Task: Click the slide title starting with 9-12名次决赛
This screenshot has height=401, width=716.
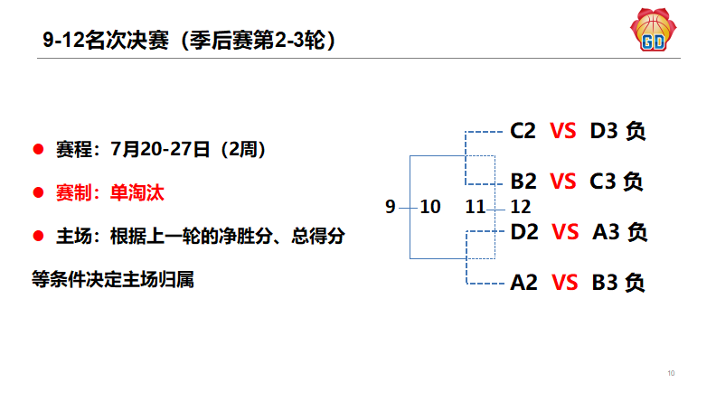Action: (x=190, y=41)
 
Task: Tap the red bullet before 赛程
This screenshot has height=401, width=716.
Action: (x=38, y=148)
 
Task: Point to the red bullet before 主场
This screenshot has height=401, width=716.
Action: (x=38, y=237)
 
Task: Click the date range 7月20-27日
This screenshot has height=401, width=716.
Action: (x=160, y=148)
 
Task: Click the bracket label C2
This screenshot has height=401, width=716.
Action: (x=523, y=131)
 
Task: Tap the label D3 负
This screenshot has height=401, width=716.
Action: (x=617, y=131)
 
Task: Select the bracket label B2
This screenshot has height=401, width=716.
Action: (x=524, y=182)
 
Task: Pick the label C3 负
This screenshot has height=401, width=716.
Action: (x=617, y=182)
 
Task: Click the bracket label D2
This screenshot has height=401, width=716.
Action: (x=524, y=232)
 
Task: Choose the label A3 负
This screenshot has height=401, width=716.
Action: (x=620, y=232)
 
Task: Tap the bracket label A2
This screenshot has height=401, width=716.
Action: (x=524, y=283)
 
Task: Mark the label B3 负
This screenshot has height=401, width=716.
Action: (x=618, y=283)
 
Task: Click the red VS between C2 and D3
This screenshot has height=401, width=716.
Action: (x=562, y=131)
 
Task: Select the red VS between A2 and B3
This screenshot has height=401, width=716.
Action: (x=564, y=283)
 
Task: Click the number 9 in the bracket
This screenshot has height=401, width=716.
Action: (x=391, y=207)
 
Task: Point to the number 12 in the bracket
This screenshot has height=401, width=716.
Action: (x=520, y=207)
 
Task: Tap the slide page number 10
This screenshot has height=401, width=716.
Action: (x=671, y=373)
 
